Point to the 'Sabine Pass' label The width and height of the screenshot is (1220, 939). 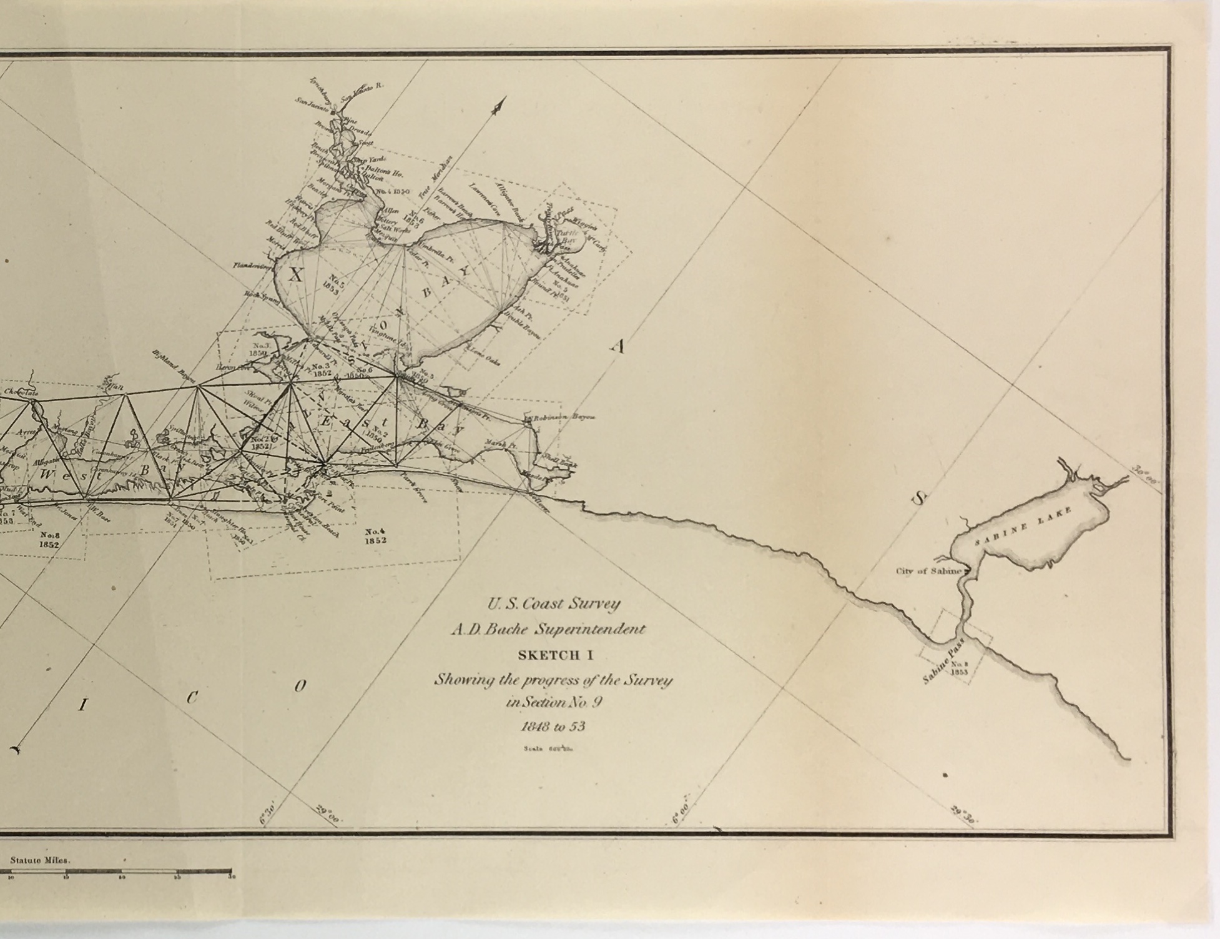pyautogui.click(x=943, y=661)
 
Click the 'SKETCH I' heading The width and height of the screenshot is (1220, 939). pyautogui.click(x=554, y=655)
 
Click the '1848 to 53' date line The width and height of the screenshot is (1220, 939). pyautogui.click(x=553, y=727)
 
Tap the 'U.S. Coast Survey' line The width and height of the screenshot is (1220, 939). pyautogui.click(x=554, y=604)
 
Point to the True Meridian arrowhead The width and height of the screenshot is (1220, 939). pyautogui.click(x=499, y=107)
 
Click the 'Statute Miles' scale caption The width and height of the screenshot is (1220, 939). pyautogui.click(x=39, y=860)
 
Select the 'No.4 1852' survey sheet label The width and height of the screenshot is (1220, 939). pyautogui.click(x=375, y=536)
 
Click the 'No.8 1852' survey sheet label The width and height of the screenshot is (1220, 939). pyautogui.click(x=49, y=539)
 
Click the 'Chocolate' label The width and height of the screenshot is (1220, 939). pyautogui.click(x=21, y=393)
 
